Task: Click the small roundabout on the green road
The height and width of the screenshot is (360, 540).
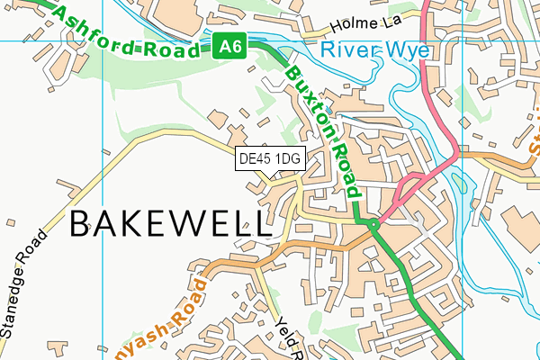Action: pos(373,225)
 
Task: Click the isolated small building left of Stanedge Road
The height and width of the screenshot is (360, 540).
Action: pos(9,220)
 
